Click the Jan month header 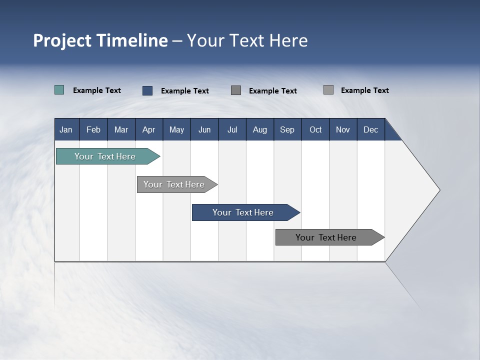(x=66, y=129)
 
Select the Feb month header (x=93, y=129)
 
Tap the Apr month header (x=148, y=129)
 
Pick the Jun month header (x=204, y=129)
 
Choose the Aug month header (x=259, y=129)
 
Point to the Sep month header (x=287, y=129)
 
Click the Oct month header (x=315, y=129)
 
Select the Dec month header (x=370, y=129)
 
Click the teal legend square (x=59, y=90)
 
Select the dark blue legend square (x=147, y=90)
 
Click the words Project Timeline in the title (x=100, y=40)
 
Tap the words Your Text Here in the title (x=247, y=40)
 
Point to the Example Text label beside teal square (x=97, y=90)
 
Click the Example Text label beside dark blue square (x=185, y=91)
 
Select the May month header (x=176, y=129)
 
